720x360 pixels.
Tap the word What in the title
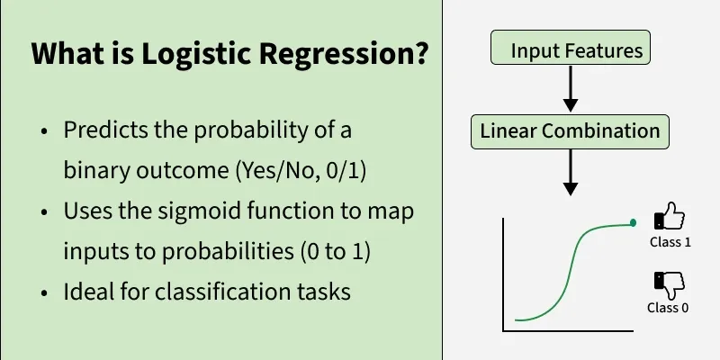[x=62, y=54]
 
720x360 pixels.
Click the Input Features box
[x=569, y=50]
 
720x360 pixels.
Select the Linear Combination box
[x=569, y=131]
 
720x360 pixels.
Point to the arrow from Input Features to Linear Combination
[x=569, y=90]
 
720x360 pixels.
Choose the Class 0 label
[x=669, y=308]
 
